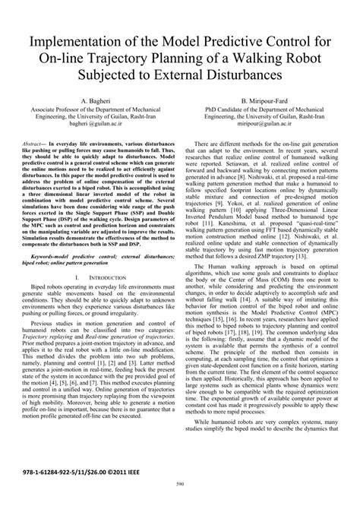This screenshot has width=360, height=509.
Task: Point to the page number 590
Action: pos(180,502)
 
